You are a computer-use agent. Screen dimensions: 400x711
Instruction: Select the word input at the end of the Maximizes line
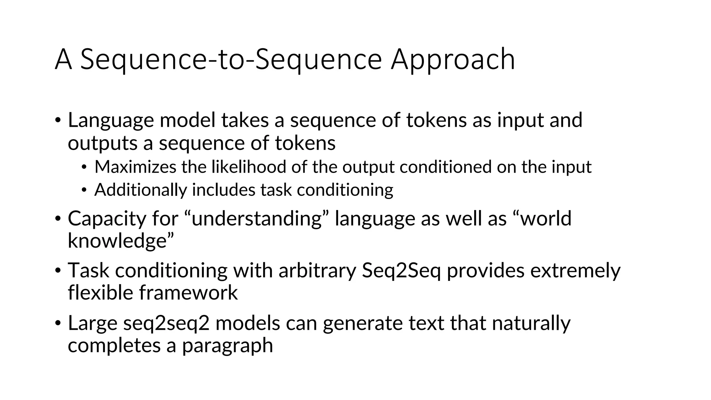[571, 167]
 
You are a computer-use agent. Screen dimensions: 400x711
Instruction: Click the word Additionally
[141, 190]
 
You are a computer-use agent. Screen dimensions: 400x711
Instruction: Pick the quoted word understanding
[255, 219]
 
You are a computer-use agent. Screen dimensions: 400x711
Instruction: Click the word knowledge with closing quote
[120, 241]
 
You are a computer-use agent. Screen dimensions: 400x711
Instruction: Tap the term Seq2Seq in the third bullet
[401, 270]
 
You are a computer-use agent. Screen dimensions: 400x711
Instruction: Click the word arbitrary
[317, 270]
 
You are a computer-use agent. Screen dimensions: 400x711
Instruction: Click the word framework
[188, 292]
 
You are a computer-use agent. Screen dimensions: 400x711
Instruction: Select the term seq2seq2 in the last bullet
[166, 323]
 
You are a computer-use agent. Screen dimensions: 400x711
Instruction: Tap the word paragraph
[227, 345]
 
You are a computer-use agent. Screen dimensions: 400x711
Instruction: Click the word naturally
[531, 323]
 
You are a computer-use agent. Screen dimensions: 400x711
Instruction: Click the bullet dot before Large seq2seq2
[58, 323]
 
